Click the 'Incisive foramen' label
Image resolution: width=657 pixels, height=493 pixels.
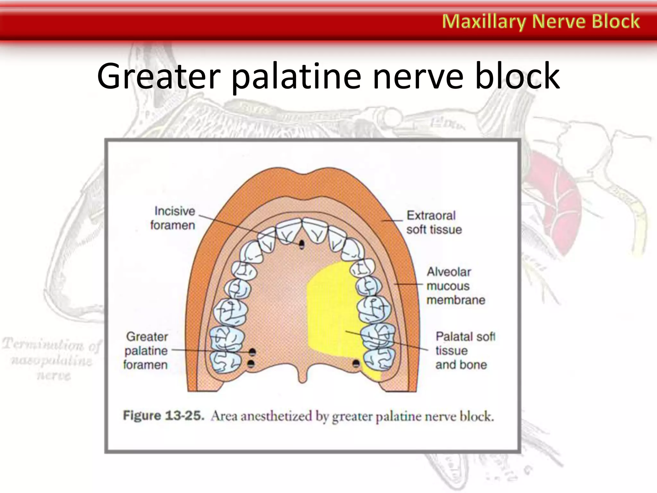[173, 218]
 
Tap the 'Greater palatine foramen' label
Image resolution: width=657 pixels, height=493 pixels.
[146, 350]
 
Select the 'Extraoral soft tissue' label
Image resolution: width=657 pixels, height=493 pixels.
[434, 222]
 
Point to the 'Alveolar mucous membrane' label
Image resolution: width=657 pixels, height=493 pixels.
[455, 286]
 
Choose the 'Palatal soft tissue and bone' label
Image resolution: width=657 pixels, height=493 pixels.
[465, 350]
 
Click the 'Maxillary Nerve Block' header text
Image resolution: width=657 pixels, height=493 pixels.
[541, 22]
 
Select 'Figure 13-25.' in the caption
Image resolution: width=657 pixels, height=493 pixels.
[164, 416]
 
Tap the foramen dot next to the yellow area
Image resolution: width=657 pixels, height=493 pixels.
[356, 363]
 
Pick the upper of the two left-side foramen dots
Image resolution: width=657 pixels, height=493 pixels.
[252, 352]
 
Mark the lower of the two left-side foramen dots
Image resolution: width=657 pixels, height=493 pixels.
[251, 364]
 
